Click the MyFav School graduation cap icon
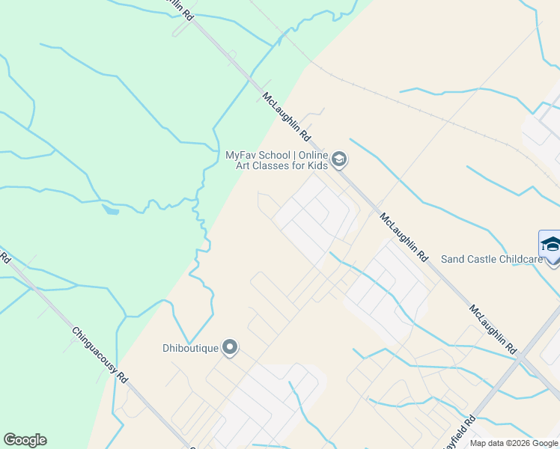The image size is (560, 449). tap(338, 160)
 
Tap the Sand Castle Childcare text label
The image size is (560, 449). tap(491, 259)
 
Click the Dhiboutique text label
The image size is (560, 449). tap(190, 347)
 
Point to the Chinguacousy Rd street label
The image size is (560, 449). tap(99, 355)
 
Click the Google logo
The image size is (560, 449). tap(25, 440)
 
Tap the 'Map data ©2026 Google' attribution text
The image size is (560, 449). tap(513, 443)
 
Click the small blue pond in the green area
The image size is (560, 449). tap(110, 210)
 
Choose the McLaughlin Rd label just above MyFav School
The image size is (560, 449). tap(286, 117)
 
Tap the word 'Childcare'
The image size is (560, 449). tap(517, 259)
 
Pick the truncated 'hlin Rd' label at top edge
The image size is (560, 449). tap(180, 7)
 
